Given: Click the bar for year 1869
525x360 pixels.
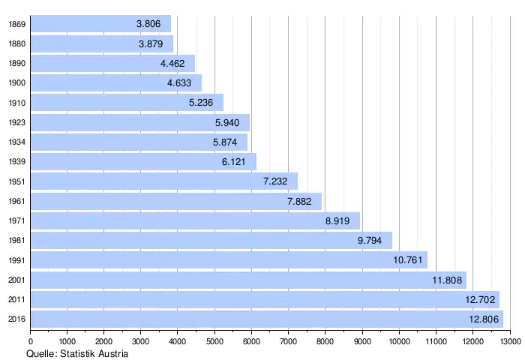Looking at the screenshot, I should coord(101,24).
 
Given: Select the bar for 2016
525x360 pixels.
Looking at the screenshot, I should coord(266,319).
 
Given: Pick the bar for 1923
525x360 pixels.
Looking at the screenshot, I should coord(139,122).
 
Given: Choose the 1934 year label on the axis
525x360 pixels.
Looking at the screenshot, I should coord(17,142).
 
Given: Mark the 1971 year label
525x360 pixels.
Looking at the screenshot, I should coord(17,220).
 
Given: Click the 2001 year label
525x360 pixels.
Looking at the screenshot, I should coord(17,280).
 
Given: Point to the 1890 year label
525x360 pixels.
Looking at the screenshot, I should coord(17,63).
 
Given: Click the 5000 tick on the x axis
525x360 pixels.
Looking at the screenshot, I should coord(214,342).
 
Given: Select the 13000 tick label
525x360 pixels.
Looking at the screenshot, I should coord(510,342).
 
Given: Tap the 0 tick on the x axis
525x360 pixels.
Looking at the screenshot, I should coord(31,342).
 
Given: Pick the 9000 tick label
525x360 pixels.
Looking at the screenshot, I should coord(362,342).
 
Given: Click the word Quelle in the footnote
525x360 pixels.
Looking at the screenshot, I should coord(41,353).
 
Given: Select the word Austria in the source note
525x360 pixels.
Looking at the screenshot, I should coord(112,353).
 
